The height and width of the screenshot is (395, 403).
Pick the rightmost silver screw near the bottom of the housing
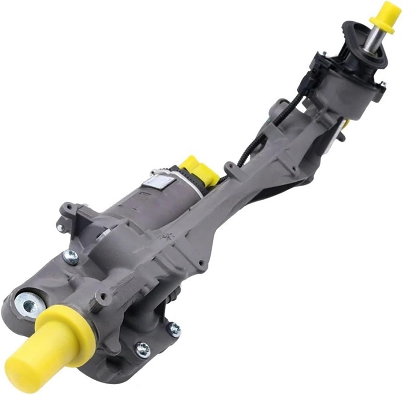coord(175,326)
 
